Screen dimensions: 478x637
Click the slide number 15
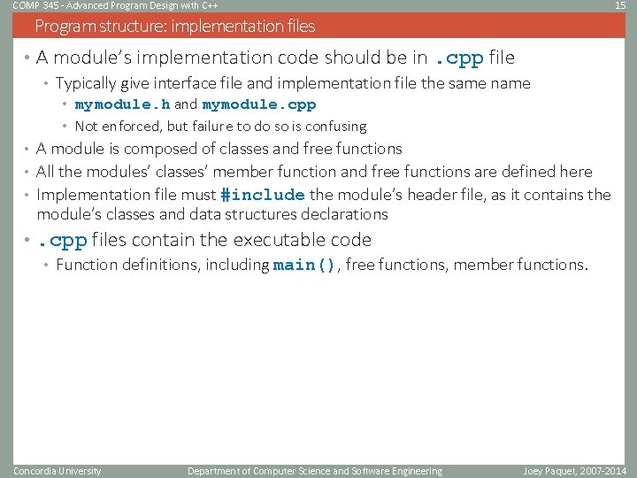(620, 5)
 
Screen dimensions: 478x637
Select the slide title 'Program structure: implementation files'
(174, 26)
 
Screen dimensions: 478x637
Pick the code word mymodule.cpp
(258, 105)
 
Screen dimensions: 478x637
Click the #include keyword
(262, 195)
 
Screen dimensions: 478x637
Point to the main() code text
(305, 266)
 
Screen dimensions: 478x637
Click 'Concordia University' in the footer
(58, 471)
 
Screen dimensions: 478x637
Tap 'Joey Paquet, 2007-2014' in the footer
(575, 471)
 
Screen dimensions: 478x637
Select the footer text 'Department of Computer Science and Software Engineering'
(315, 471)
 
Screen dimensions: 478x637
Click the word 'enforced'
(127, 127)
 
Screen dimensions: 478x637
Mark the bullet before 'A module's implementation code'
(28, 58)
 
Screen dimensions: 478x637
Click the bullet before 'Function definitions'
(47, 266)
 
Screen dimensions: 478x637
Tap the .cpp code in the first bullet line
(457, 59)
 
